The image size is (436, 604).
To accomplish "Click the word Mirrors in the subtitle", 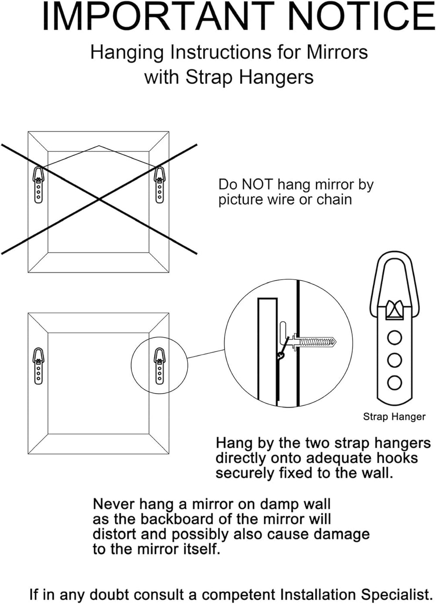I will coord(337,52).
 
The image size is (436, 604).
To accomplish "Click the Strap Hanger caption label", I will coord(394,417).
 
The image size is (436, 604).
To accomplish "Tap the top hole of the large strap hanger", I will coord(395,337).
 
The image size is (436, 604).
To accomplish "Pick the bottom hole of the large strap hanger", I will coord(395,383).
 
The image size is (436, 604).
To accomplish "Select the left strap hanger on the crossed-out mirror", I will coord(38,185).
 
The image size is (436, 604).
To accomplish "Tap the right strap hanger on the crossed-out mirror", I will coord(160,185).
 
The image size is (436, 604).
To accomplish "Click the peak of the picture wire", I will coord(99,146).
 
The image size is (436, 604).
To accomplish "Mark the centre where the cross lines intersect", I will coord(99,199).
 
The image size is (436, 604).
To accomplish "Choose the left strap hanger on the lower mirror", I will coord(38,366).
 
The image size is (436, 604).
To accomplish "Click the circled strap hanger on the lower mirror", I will coord(160,366).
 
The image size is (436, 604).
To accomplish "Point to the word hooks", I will coord(397,458).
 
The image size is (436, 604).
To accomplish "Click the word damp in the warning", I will coord(275,504).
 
